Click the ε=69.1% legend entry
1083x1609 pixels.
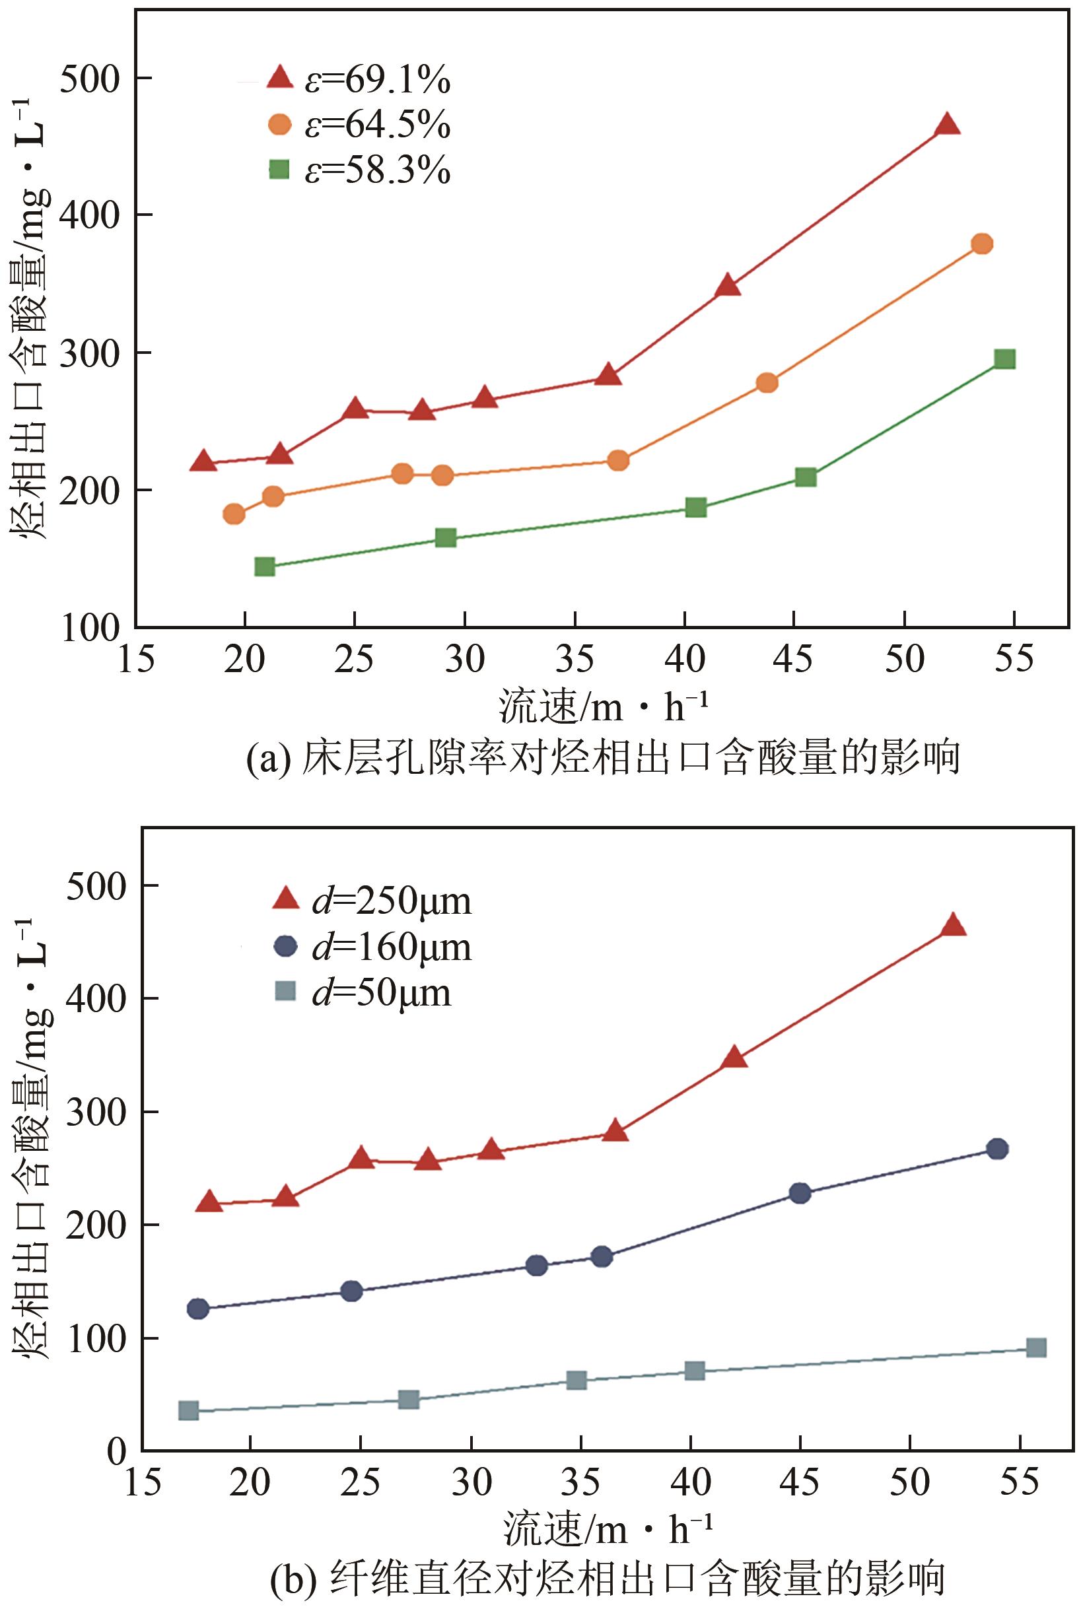[x=359, y=80]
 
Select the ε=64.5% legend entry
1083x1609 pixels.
[x=359, y=125]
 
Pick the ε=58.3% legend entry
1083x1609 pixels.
[x=359, y=169]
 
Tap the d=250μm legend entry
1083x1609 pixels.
[x=373, y=901]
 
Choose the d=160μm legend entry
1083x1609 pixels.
[x=373, y=947]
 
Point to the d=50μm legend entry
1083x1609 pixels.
[x=363, y=992]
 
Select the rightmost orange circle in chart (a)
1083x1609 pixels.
[x=981, y=244]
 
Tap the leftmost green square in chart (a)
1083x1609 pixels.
[x=265, y=567]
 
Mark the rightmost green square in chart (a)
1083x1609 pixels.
[x=1005, y=359]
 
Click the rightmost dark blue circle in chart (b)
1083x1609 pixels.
[x=996, y=1149]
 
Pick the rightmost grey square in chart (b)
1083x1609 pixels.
[x=1036, y=1348]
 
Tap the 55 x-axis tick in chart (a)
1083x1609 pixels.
[x=1013, y=659]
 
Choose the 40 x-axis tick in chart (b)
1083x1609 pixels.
[x=691, y=1482]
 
